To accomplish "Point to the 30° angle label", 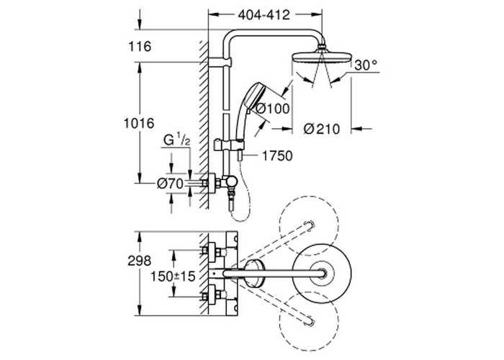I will pyautogui.click(x=364, y=64).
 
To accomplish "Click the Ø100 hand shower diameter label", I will pyautogui.click(x=271, y=109).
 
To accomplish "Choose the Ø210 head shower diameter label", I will pyautogui.click(x=321, y=129).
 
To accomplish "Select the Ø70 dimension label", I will pyautogui.click(x=171, y=184).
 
